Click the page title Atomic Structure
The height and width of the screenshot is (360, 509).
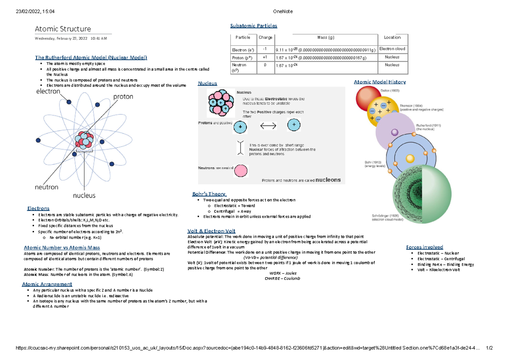(x=63, y=29)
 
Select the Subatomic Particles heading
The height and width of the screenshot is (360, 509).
(x=253, y=25)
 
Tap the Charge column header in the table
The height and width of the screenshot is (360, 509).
(x=266, y=38)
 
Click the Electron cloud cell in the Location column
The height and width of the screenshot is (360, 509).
(x=392, y=49)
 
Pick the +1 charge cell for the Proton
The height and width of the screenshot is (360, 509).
(x=265, y=57)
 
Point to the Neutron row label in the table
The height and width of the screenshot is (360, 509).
(x=238, y=67)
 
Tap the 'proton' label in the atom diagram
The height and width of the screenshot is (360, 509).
(x=123, y=97)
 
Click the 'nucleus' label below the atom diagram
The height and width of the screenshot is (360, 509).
(x=84, y=196)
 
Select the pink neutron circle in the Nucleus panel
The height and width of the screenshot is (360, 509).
(x=241, y=171)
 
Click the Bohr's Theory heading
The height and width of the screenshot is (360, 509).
(x=209, y=194)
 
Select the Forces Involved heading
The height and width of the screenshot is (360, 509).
(x=424, y=247)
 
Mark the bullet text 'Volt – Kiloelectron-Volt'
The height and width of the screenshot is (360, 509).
(x=439, y=270)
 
